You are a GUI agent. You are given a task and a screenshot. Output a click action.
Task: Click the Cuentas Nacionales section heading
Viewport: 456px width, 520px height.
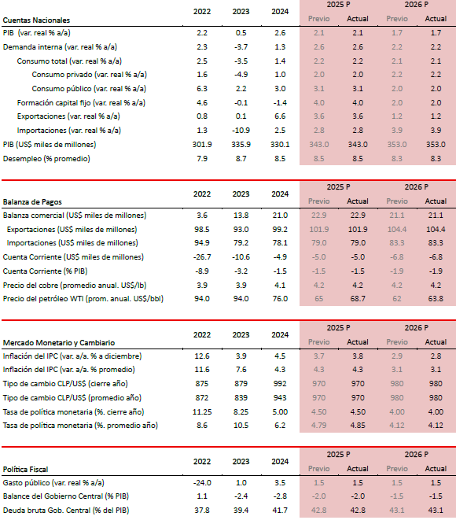point(36,20)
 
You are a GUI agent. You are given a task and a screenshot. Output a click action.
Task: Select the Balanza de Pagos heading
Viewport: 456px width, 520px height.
point(32,202)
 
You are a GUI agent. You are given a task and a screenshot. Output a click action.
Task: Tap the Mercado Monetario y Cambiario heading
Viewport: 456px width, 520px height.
point(59,342)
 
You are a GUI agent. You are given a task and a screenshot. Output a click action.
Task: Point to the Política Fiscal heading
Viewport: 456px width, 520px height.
point(25,470)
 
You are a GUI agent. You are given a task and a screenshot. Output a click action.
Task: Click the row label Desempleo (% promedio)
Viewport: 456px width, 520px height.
point(46,159)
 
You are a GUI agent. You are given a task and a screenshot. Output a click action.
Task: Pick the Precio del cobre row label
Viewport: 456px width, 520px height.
point(75,286)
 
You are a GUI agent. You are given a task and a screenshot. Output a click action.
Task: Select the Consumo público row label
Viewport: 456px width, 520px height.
point(89,89)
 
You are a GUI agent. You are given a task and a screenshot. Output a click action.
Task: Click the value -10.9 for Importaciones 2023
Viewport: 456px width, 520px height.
point(241,131)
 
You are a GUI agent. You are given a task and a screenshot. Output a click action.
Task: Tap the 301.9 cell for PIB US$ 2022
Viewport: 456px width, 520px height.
point(202,145)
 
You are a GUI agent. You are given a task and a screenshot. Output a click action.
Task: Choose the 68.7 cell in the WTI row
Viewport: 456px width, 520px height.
point(358,299)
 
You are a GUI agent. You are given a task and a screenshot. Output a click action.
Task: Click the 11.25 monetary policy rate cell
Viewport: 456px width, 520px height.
point(202,412)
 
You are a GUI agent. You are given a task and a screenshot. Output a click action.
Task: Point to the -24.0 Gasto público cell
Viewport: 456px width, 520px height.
point(202,483)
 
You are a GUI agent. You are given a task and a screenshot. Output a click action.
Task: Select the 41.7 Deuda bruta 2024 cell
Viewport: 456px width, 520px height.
point(280,511)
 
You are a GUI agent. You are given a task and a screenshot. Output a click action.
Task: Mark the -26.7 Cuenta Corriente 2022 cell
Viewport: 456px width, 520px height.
point(202,257)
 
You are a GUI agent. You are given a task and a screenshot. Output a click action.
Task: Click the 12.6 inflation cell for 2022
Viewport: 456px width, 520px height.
point(202,356)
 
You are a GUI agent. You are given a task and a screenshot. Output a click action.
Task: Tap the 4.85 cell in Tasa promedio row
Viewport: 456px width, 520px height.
point(358,425)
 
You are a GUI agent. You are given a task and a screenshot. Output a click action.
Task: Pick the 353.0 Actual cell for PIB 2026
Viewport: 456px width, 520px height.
point(436,145)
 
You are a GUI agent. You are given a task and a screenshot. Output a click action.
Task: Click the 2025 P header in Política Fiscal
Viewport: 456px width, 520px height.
point(338,455)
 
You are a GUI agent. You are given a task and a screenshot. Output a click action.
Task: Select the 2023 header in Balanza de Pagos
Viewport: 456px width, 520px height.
point(241,194)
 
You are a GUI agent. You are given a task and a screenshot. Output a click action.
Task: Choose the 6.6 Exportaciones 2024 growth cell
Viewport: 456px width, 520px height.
point(280,116)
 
